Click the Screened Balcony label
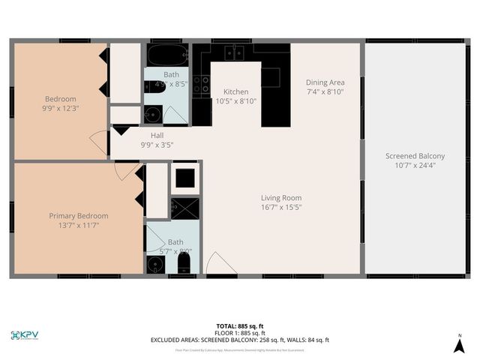tap(415, 156)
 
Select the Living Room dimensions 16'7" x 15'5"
tap(281, 207)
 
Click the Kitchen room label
tap(235, 91)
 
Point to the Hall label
tap(157, 136)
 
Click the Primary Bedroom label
tap(79, 216)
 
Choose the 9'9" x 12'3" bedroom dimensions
tap(61, 108)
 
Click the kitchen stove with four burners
tap(201, 85)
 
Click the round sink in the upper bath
tap(152, 115)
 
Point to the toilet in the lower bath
tap(185, 263)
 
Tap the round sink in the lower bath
tap(157, 265)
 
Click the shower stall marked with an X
tap(184, 208)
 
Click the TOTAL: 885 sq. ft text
tap(239, 326)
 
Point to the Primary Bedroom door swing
tap(126, 172)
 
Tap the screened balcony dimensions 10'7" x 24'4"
tap(415, 166)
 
